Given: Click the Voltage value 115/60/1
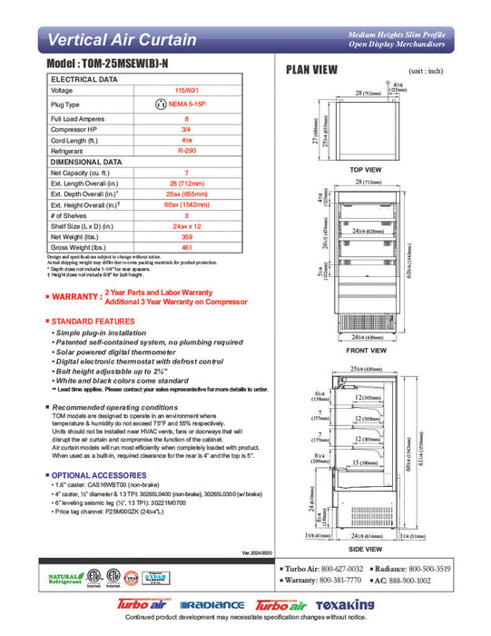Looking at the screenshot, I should click(x=186, y=91).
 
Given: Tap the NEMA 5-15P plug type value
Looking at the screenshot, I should click(x=191, y=104).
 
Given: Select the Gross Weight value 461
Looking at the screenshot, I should click(x=186, y=247).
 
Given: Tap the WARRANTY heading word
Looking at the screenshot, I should click(x=76, y=297).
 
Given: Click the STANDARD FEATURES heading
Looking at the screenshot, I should click(x=96, y=322).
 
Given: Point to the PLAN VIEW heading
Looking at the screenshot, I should click(x=311, y=70).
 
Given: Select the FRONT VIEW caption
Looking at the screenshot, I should click(x=368, y=350).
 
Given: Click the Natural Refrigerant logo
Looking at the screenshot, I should click(x=64, y=578).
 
